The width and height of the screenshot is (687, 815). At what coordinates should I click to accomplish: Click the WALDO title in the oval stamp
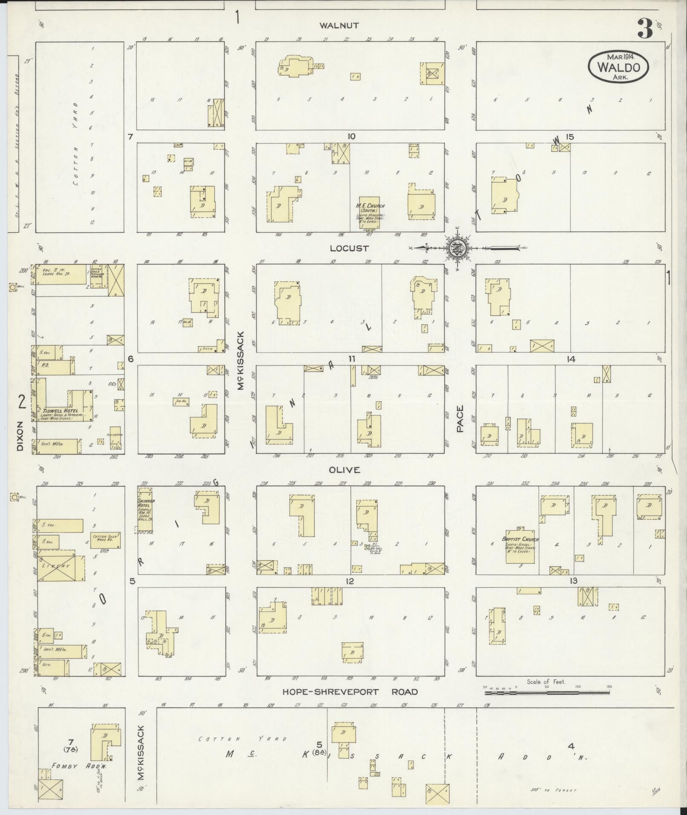coord(618,67)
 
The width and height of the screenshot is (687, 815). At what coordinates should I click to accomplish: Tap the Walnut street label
coord(339,26)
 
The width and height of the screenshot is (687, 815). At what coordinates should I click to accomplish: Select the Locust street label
coord(349,248)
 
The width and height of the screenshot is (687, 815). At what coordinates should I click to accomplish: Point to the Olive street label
coord(344,469)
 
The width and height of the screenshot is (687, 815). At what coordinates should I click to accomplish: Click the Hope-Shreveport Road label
coord(350,692)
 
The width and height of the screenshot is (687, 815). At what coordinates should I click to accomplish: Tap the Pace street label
coord(460,418)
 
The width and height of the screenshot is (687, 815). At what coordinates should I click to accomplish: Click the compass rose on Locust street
coord(456,248)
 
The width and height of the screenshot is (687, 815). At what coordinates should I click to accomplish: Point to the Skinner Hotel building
coord(145,509)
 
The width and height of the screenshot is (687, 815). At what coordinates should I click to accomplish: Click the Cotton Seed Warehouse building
coord(106,541)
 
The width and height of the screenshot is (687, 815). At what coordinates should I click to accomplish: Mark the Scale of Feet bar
coord(547,693)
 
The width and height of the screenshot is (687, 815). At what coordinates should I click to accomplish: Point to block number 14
coord(571,359)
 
